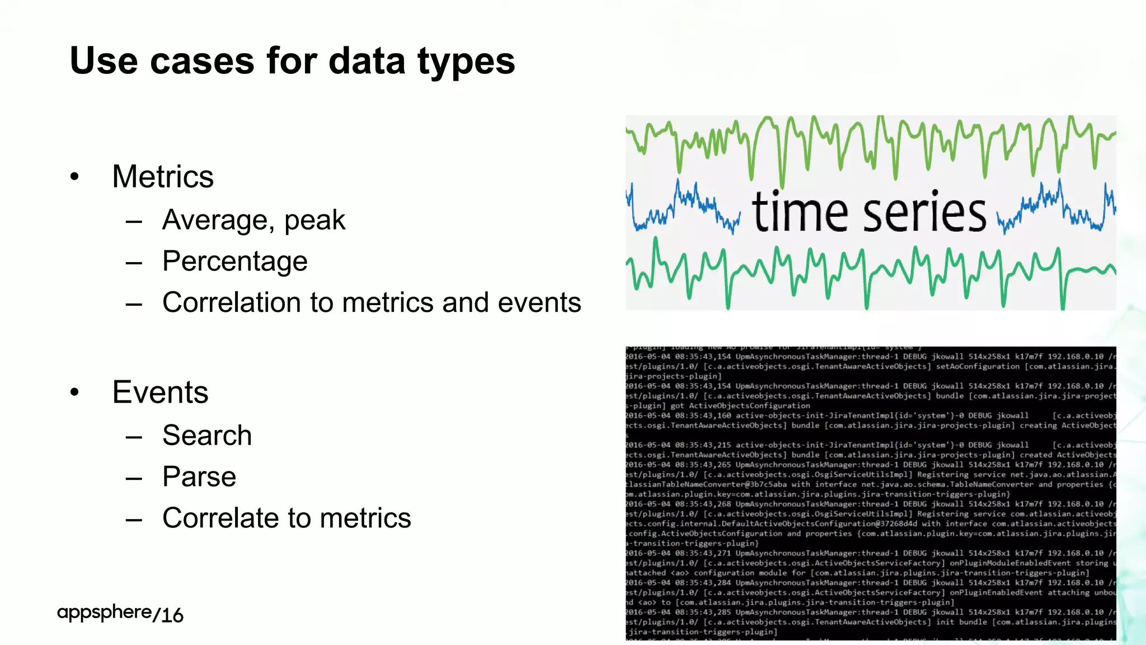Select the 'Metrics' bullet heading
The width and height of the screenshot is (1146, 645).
click(x=162, y=177)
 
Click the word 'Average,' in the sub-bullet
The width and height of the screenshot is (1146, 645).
click(x=218, y=220)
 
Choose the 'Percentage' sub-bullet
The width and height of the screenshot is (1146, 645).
click(x=234, y=261)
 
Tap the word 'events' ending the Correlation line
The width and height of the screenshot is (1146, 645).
click(x=539, y=303)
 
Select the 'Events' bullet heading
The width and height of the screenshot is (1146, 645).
click(x=160, y=392)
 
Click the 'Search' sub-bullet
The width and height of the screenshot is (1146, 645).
click(x=207, y=436)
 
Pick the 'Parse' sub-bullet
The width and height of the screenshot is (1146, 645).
click(x=199, y=477)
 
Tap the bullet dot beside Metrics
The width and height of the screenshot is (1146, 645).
click(x=75, y=177)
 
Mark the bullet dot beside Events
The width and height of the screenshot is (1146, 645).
click(x=75, y=392)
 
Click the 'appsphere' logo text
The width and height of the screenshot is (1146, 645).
click(x=104, y=613)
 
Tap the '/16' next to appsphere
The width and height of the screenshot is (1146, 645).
click(x=168, y=615)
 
